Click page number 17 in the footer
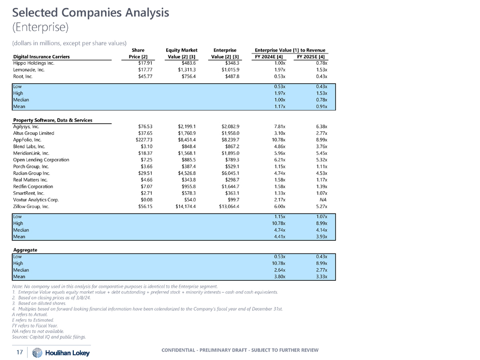click(19, 352)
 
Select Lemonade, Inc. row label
click(31, 70)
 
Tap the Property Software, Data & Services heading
click(56, 120)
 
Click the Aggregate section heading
click(25, 250)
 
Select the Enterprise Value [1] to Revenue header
click(290, 49)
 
